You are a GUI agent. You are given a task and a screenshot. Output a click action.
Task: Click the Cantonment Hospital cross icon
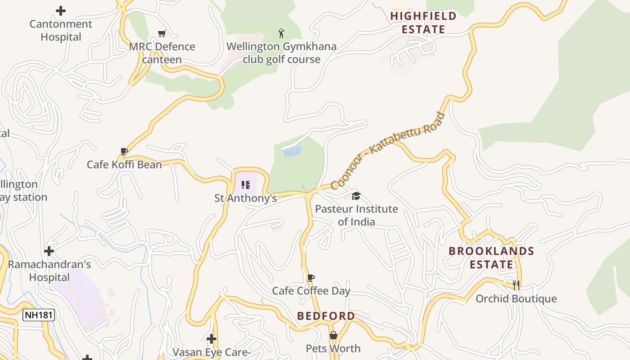click(x=61, y=11)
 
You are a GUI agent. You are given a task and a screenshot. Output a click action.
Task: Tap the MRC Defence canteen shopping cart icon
click(x=162, y=33)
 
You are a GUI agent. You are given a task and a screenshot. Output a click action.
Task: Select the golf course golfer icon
click(x=282, y=33)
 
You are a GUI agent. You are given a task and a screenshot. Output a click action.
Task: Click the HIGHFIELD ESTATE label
click(x=423, y=22)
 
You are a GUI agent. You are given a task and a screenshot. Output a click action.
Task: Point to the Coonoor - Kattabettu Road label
click(x=388, y=151)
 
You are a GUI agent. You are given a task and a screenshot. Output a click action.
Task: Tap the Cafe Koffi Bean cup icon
click(x=124, y=151)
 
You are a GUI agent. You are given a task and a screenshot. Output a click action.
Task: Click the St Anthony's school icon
click(x=245, y=185)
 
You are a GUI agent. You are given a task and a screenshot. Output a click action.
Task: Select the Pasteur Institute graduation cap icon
click(x=356, y=196)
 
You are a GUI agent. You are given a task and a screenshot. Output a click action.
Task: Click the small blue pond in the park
click(x=292, y=152)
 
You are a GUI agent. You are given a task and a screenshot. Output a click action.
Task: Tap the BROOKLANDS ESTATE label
click(x=491, y=257)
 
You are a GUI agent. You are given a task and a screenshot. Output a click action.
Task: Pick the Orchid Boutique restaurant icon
click(x=516, y=285)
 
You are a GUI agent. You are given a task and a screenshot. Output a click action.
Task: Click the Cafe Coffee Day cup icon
click(x=310, y=278)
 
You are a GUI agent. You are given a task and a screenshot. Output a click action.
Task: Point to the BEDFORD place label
click(x=326, y=316)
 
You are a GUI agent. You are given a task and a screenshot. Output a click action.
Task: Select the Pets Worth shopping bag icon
click(x=333, y=335)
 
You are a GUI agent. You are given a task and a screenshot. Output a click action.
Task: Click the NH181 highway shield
click(x=39, y=315)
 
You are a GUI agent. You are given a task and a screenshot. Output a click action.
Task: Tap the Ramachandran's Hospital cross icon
click(x=49, y=251)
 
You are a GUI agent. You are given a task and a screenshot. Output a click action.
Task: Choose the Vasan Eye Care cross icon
click(x=211, y=339)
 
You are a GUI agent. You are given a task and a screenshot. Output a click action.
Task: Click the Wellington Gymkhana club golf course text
click(x=281, y=53)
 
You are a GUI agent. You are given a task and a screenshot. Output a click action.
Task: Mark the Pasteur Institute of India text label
click(x=356, y=215)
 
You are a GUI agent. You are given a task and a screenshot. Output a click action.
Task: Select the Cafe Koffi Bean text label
click(x=124, y=164)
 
